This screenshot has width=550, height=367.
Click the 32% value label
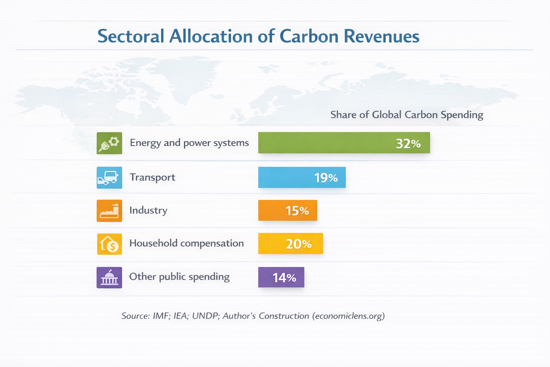[x=408, y=143]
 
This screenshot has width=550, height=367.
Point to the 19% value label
[x=326, y=178]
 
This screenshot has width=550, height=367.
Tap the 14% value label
[x=284, y=278]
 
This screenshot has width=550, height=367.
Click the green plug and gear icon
[x=109, y=143]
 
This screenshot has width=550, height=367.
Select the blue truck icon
[x=109, y=178]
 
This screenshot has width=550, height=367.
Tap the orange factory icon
[x=109, y=211]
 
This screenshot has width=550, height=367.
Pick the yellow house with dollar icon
[x=109, y=244]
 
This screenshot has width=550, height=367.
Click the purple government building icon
[x=109, y=277]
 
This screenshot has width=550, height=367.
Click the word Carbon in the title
[x=309, y=37]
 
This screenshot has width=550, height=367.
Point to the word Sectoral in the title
[x=131, y=37]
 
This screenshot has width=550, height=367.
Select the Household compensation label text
[x=186, y=243]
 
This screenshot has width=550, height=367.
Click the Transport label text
[x=152, y=177]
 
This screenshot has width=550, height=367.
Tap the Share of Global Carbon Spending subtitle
[x=406, y=115]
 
